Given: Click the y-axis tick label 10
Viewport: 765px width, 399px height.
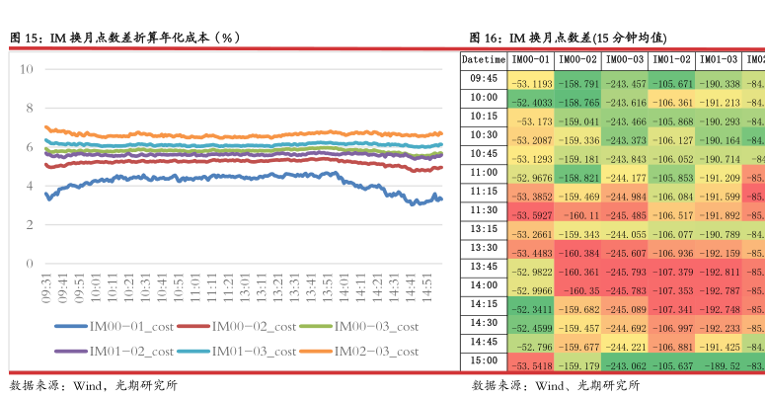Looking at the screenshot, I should click(x=26, y=69).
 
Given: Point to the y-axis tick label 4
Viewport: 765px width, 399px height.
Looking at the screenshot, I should click(x=30, y=186).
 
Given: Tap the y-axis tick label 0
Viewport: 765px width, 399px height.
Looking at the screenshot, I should click(x=30, y=264).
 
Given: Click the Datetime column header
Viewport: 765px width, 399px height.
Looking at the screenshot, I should click(x=484, y=60).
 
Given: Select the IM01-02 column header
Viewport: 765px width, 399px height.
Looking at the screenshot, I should click(x=671, y=60).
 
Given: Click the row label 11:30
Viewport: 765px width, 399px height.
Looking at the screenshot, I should click(x=484, y=210).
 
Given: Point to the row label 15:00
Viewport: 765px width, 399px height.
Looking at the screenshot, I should click(x=484, y=360).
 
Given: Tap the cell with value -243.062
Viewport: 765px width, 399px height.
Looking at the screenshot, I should click(x=625, y=365).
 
